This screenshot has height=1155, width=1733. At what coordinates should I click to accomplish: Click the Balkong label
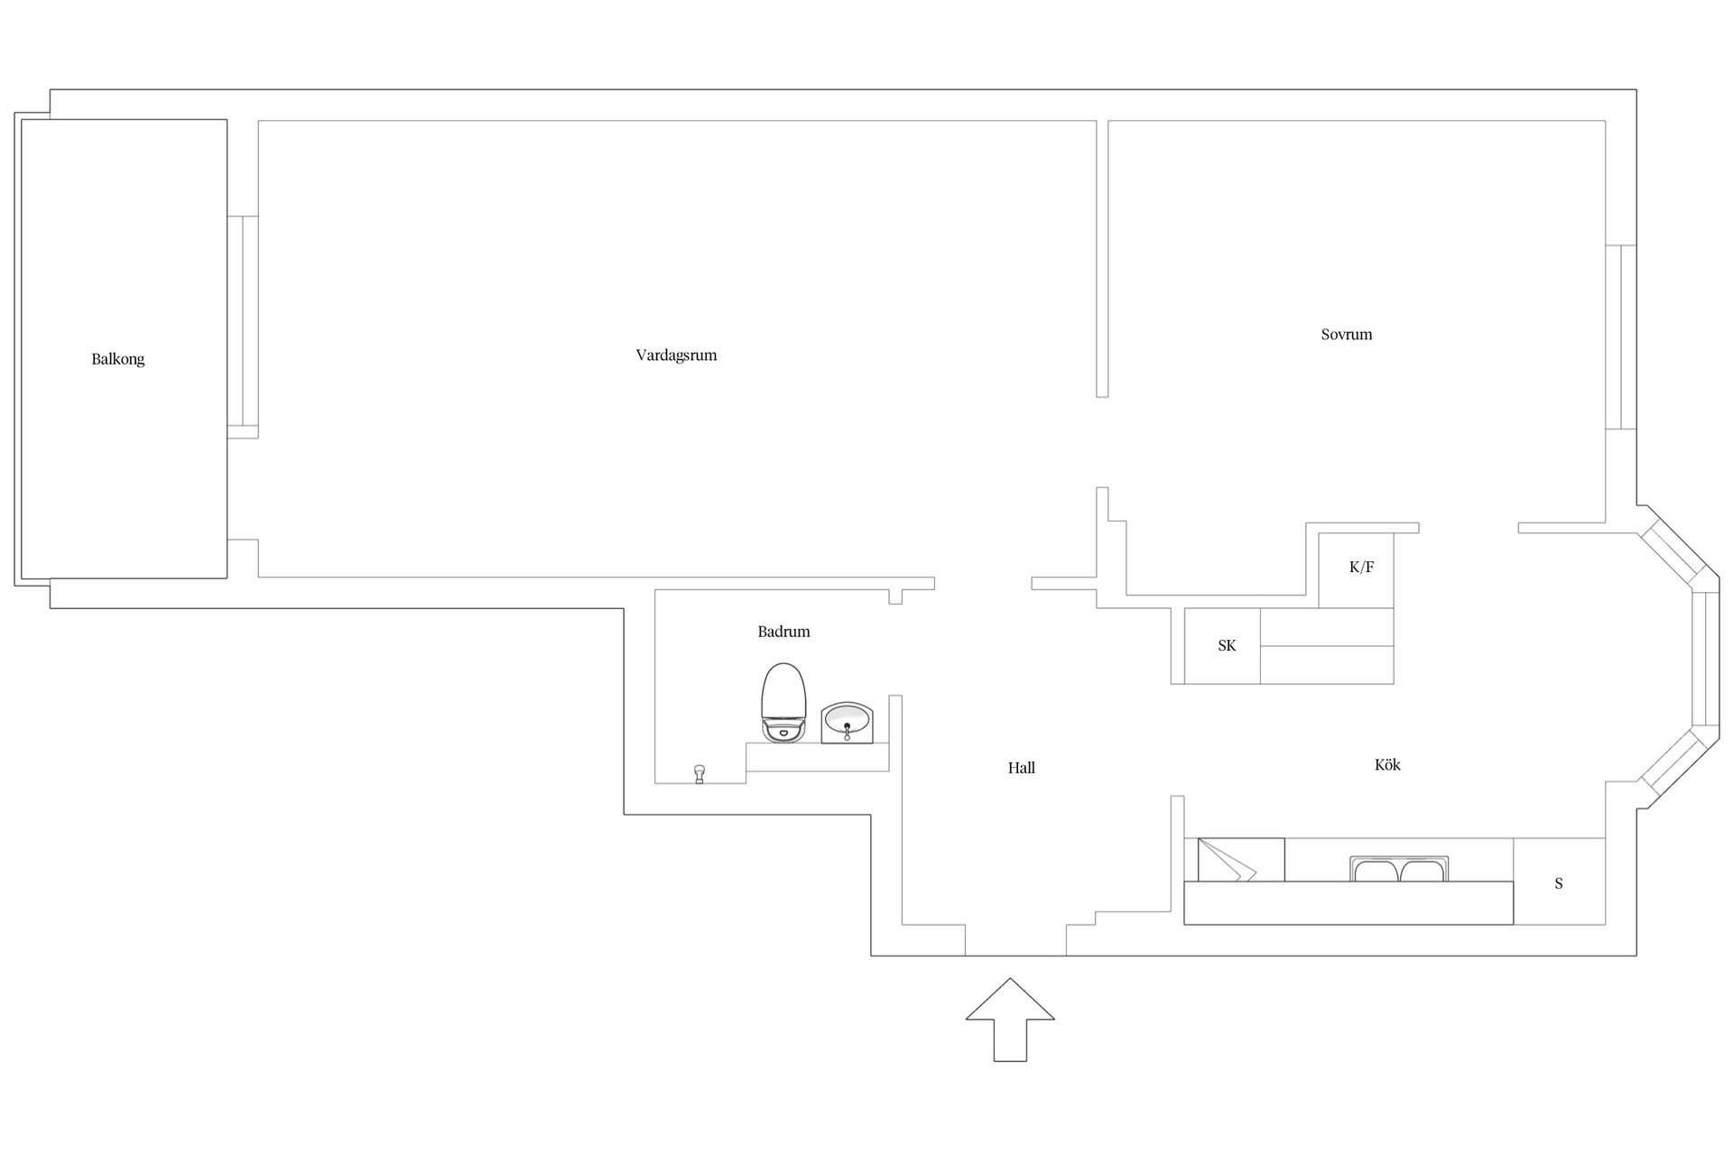click(x=117, y=359)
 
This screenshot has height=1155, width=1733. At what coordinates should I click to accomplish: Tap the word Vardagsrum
click(x=676, y=356)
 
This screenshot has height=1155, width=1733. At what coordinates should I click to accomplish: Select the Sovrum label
click(x=1347, y=334)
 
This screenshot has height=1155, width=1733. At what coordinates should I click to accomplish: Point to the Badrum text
click(x=783, y=632)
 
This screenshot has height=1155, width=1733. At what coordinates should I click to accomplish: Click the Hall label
click(x=1022, y=768)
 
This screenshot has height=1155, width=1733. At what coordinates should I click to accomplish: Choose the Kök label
click(x=1387, y=764)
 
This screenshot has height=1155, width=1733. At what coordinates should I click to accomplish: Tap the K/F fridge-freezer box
click(x=1357, y=569)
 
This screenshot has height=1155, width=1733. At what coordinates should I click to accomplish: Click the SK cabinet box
click(x=1222, y=645)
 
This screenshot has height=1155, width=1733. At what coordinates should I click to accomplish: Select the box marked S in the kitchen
click(x=1559, y=882)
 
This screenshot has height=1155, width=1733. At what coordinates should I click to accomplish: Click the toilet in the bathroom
click(x=783, y=703)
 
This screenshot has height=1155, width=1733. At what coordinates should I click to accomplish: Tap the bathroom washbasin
click(x=847, y=724)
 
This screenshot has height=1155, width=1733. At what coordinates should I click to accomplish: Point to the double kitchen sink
click(x=1399, y=869)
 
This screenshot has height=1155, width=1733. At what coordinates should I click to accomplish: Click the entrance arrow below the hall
click(x=1010, y=1020)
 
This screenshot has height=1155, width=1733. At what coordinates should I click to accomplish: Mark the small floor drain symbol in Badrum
click(x=699, y=774)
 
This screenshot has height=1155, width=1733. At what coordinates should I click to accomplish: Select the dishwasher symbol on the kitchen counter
click(x=1241, y=860)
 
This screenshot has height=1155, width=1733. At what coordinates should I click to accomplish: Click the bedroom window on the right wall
click(x=1621, y=337)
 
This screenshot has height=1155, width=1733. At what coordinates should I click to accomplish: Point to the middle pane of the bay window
click(x=1706, y=659)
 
